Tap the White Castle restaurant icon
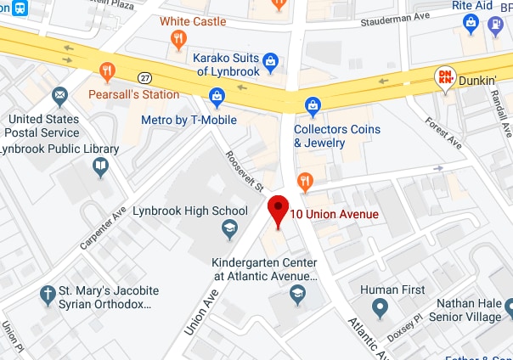[x=178, y=38]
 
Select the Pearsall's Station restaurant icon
[x=107, y=71]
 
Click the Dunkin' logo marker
[x=444, y=79]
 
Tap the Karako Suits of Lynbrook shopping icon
[x=270, y=60]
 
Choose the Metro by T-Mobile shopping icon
[x=217, y=98]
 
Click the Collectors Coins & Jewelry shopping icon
[x=313, y=106]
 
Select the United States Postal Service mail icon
[x=59, y=94]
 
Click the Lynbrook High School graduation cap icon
[x=229, y=228]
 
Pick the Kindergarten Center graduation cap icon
[x=297, y=294]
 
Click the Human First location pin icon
[x=380, y=307]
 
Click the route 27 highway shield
[x=146, y=77]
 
